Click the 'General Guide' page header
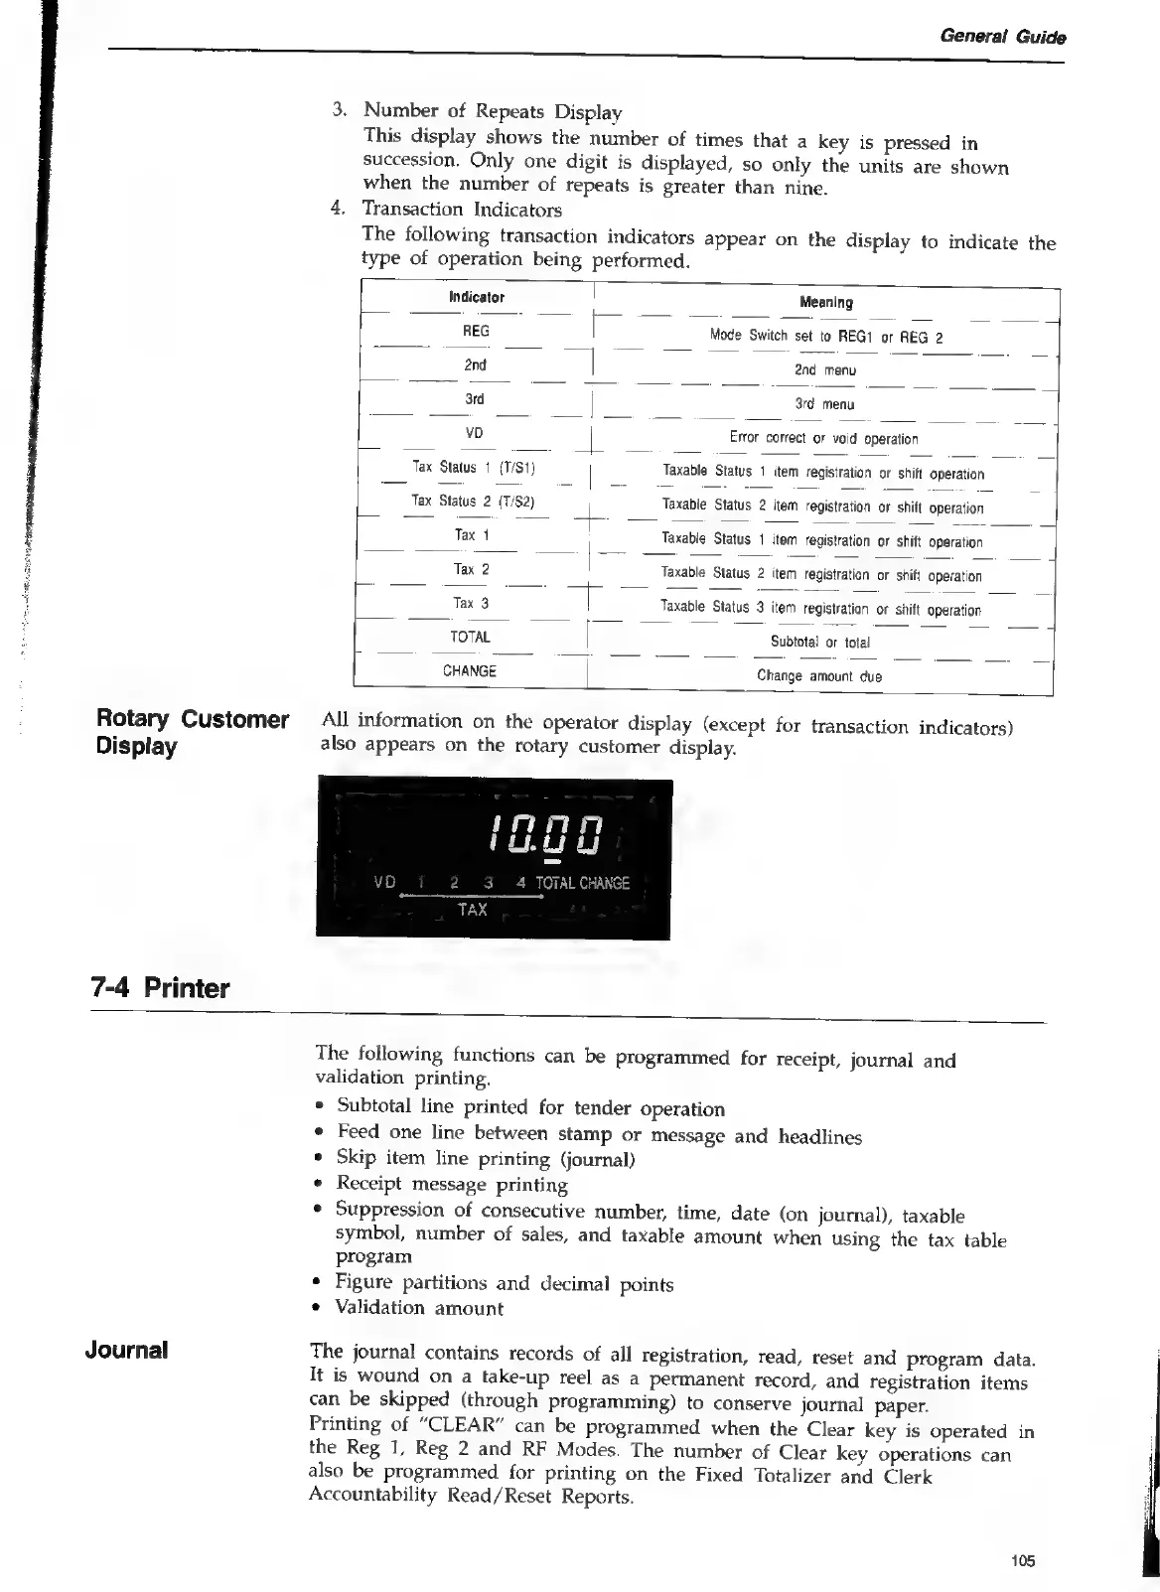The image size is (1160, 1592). coord(1002,38)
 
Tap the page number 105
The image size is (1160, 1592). coord(1023,1561)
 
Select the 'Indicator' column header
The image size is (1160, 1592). coord(476,297)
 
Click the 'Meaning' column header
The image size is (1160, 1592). coord(825,302)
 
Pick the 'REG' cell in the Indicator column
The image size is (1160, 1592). coord(476,331)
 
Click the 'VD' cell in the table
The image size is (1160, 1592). coord(474,433)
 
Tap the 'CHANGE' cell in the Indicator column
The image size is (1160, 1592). coord(470,670)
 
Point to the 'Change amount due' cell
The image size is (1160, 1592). coord(819,676)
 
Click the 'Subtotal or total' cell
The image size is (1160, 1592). coord(820,642)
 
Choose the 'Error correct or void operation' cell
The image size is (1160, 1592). coord(823,438)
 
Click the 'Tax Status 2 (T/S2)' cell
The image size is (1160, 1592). coord(474,502)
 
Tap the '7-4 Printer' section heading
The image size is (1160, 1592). coord(159,988)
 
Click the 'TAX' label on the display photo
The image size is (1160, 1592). coord(473,909)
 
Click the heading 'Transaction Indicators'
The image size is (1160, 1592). coord(462,210)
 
